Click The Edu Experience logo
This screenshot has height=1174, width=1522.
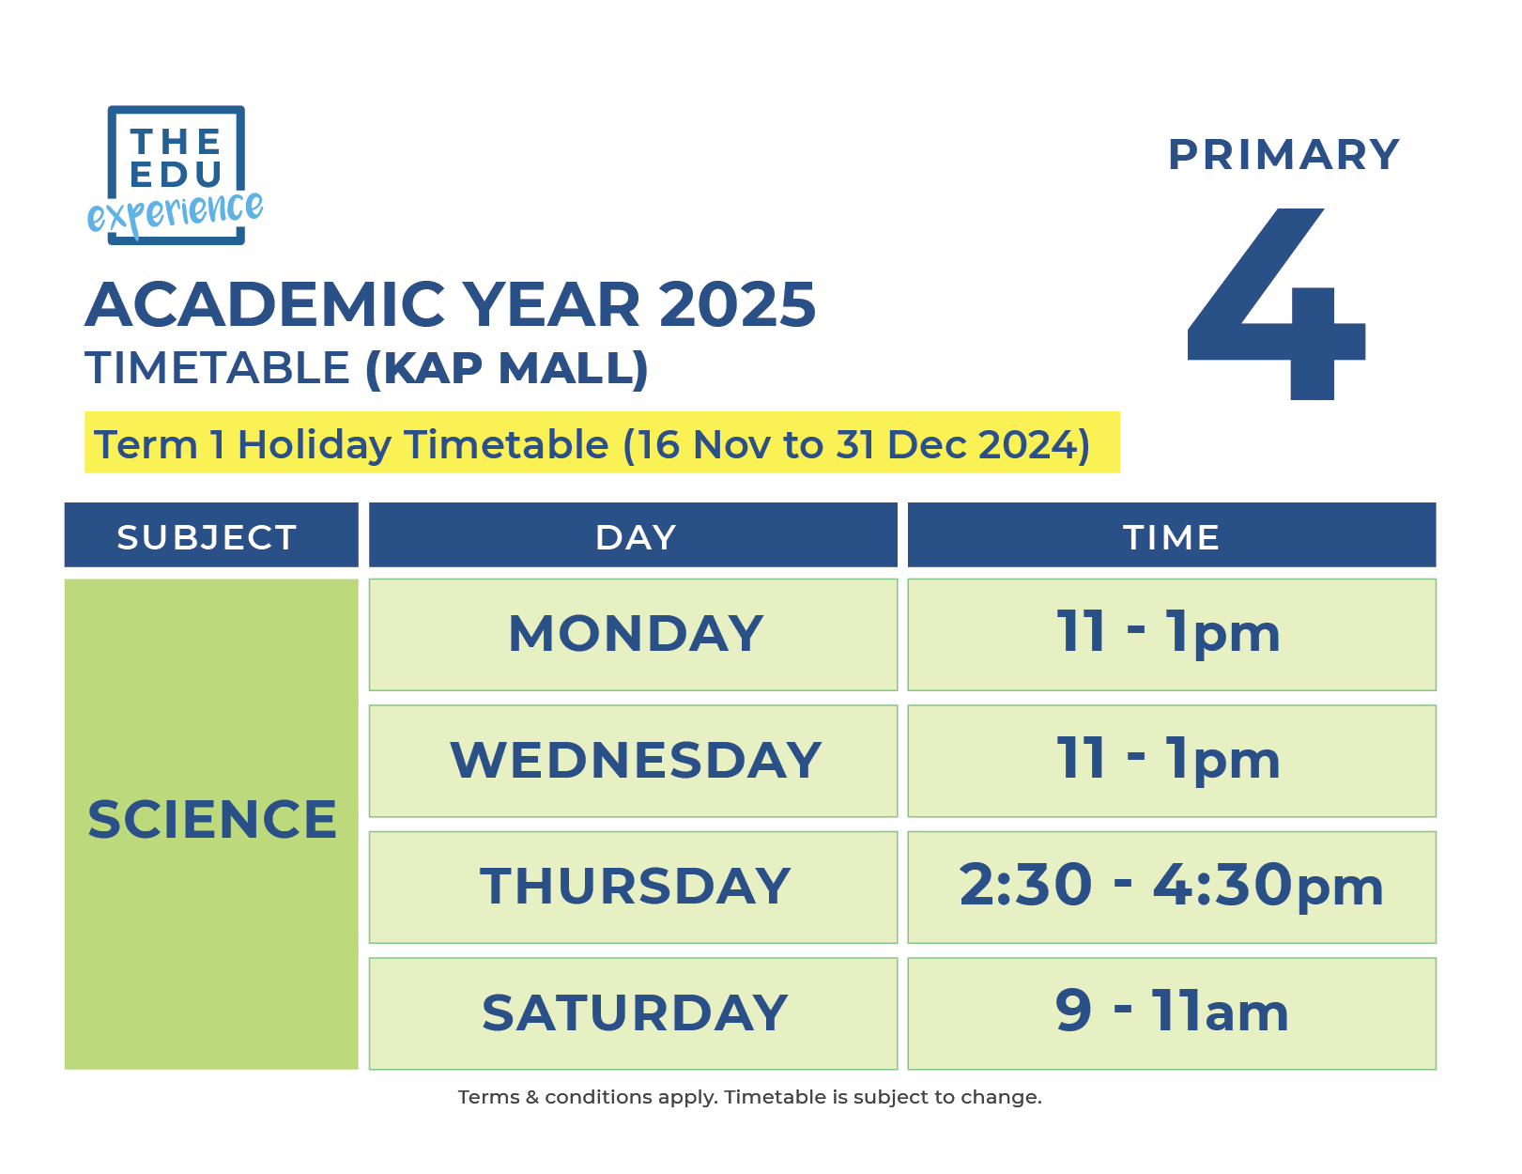(176, 176)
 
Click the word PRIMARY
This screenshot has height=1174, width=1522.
(1283, 155)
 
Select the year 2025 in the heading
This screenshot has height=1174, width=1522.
(737, 305)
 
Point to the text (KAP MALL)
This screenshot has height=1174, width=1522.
(506, 368)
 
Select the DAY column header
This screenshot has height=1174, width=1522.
(635, 537)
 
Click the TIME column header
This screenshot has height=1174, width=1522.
(1171, 537)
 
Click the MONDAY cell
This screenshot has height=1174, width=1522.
(635, 634)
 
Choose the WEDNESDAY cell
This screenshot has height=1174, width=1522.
(635, 761)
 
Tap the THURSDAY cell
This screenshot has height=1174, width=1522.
(635, 887)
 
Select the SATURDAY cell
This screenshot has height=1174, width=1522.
(635, 1013)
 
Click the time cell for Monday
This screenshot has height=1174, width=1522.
(1171, 634)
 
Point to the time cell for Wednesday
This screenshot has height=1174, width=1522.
(1171, 761)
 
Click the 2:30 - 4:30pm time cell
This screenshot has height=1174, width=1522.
(1171, 887)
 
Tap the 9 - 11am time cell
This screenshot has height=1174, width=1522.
(1171, 1013)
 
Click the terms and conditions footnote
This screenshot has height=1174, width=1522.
(749, 1097)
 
